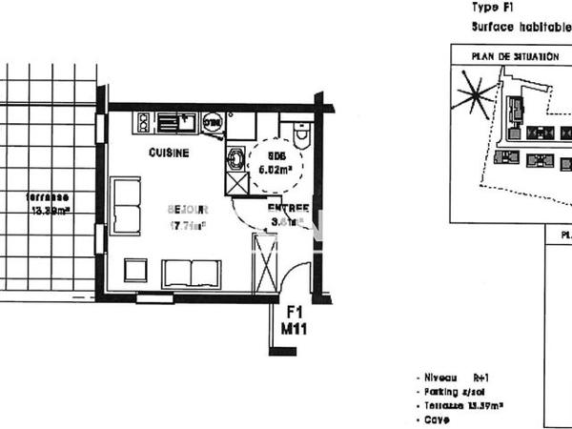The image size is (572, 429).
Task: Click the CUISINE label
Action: pyautogui.click(x=169, y=153)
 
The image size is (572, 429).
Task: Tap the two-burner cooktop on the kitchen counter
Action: pyautogui.click(x=143, y=122)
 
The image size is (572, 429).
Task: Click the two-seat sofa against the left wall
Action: pyautogui.click(x=126, y=205)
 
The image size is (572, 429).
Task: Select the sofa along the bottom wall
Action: pyautogui.click(x=191, y=274)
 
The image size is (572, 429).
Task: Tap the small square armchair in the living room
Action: pyautogui.click(x=135, y=271)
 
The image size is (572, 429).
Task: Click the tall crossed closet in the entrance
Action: pyautogui.click(x=264, y=264)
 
